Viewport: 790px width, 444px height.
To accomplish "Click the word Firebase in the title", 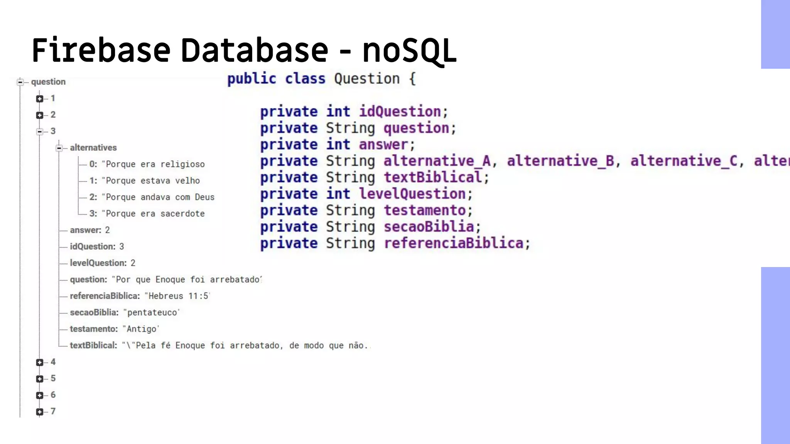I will point(101,50).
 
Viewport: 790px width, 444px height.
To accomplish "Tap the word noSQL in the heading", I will point(409,50).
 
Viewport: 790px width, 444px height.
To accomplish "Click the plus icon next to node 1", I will point(40,99).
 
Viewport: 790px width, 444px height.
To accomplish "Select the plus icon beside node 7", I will point(40,412).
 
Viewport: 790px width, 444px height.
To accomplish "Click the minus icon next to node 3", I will point(40,131).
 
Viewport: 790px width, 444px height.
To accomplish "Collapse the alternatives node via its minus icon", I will point(59,148).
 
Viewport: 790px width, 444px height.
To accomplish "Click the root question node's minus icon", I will point(20,82).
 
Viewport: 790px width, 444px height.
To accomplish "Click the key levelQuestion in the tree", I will point(98,263).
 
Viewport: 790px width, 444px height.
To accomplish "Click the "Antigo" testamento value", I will point(141,329).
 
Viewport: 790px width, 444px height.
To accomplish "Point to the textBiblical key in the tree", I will point(93,346).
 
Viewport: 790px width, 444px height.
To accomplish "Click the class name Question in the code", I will point(366,79).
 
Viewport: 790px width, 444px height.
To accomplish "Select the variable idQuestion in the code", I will point(400,112).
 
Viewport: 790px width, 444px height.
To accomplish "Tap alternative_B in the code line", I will point(560,161).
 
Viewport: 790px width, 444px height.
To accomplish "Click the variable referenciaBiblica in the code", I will point(454,244).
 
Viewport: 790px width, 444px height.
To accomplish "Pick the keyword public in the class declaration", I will point(252,79).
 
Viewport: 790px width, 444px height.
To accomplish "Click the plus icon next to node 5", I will point(40,379).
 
